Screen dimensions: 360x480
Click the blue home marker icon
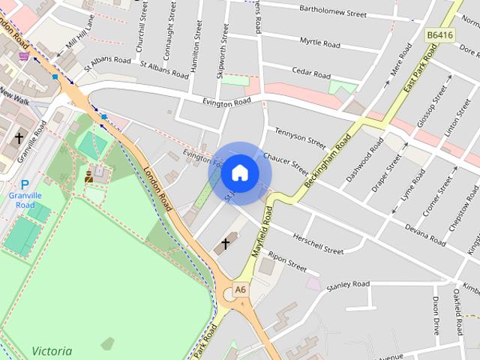(x=240, y=173)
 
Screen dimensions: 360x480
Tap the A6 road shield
(x=240, y=289)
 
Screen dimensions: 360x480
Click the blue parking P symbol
(x=25, y=184)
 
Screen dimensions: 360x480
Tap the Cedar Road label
(x=311, y=74)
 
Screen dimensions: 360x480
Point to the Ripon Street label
(x=287, y=262)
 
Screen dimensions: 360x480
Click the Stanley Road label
(x=349, y=285)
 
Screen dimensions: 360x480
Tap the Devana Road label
(x=425, y=228)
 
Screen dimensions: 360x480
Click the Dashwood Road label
(x=365, y=159)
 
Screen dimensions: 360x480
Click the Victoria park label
(x=52, y=351)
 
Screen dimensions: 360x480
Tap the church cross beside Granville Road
(x=19, y=139)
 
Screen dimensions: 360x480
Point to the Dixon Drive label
(x=436, y=315)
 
